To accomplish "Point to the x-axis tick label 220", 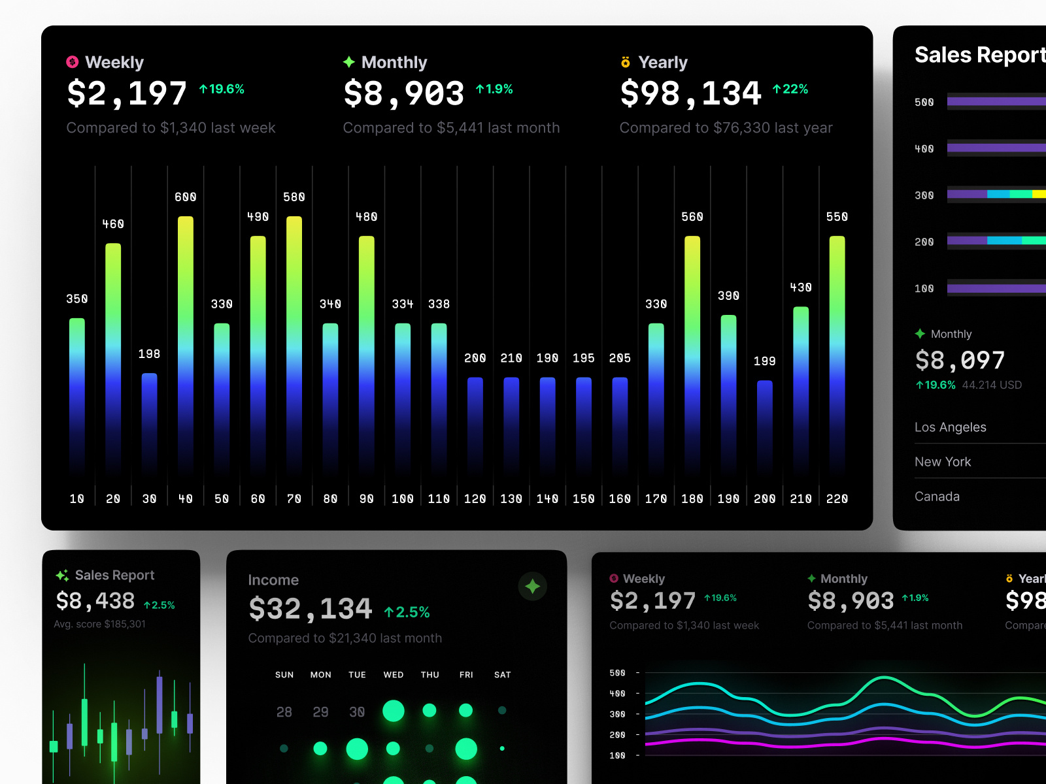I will point(837,499).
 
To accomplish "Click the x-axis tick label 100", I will point(403,499).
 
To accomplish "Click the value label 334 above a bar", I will point(403,304).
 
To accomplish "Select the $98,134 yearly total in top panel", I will point(691,93).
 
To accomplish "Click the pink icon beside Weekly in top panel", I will point(73,62).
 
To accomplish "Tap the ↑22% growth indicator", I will point(790,90).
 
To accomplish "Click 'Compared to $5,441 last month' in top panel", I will point(451,128).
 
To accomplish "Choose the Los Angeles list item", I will point(951,427).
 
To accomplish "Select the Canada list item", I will point(937,497).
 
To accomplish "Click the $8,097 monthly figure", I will point(960,361).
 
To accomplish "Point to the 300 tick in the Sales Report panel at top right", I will point(924,195).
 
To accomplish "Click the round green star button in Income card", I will point(533,587).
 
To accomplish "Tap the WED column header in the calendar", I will point(394,675).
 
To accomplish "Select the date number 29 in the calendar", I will point(320,712).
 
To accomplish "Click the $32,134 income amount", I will point(311,610).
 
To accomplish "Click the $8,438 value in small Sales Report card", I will point(95,601).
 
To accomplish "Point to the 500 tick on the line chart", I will point(617,673).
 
